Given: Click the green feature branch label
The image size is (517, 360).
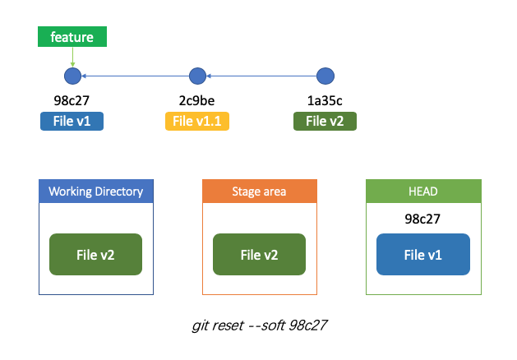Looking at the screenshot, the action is coord(72,37).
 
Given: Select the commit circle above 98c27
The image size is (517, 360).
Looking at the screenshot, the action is coord(72,76).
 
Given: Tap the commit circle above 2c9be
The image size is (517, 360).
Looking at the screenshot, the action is coord(197,76).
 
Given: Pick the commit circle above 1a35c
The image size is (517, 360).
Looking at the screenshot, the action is coord(325,76).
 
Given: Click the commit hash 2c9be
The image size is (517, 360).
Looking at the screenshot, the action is coord(196,100).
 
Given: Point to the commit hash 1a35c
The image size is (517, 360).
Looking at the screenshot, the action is coord(325,100).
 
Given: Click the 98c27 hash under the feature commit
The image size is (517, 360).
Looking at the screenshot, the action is coord(72,100).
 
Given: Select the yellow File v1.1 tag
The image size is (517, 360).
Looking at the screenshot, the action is coord(197,122).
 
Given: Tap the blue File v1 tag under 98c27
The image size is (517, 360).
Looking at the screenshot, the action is coord(72,122).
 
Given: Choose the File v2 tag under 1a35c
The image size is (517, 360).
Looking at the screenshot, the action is coord(325,122).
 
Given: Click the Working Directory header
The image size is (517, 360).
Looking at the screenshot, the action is coord(96,192).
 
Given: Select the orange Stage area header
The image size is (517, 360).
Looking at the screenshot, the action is coord(260,192).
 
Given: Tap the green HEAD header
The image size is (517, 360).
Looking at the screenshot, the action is coord(423,192).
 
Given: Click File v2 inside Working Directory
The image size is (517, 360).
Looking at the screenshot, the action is coord(95,255).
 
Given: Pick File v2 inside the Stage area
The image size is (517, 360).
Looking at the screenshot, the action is coord(259,255).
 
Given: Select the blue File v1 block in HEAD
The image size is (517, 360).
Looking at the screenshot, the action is coord(423,255).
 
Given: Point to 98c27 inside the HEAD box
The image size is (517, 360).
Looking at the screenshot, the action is coord(422,219).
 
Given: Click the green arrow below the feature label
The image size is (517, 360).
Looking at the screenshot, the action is coord(72,57).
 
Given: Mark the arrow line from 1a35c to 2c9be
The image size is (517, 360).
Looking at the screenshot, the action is coord(261,76).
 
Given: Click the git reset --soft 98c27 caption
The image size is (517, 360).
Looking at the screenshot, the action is coord(260,325).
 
